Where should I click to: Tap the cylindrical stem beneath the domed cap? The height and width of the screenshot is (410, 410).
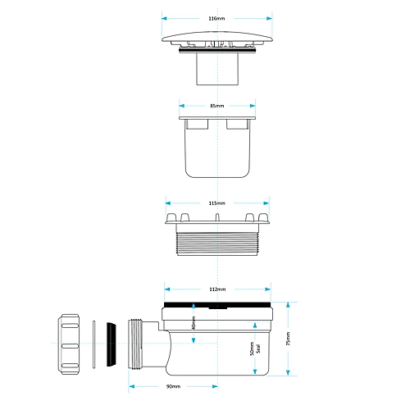tap(216, 70)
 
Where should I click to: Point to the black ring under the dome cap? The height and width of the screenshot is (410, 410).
tap(216, 52)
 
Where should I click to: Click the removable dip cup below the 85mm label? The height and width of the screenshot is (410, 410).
tap(216, 152)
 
